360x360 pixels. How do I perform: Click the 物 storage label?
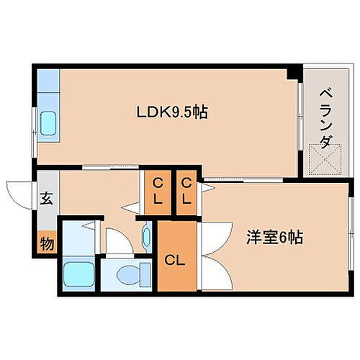click(47, 244)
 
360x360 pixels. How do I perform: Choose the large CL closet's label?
click(175, 261)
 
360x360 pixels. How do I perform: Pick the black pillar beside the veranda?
click(294, 73)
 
